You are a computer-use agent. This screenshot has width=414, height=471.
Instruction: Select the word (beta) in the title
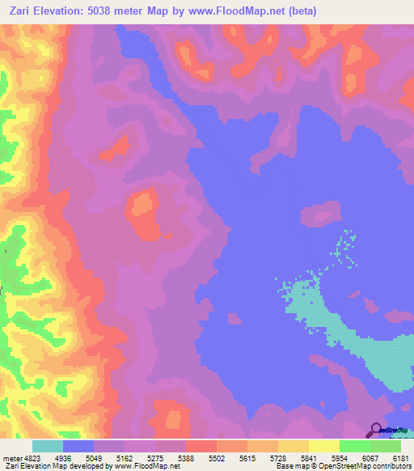point(301,11)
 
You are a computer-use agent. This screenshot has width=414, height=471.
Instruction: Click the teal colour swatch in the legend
point(48,446)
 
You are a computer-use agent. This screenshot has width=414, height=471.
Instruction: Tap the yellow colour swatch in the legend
point(323,446)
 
